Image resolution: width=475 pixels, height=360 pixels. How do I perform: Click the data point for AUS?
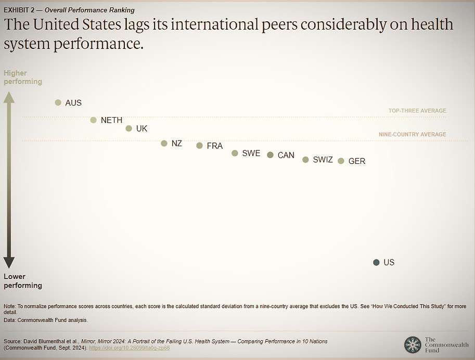click(58, 102)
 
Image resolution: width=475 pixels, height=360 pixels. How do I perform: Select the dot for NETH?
click(94, 120)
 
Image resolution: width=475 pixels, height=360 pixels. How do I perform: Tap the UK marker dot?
click(129, 128)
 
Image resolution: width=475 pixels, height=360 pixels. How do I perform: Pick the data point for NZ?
click(164, 143)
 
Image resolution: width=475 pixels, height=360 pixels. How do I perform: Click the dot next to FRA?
click(200, 146)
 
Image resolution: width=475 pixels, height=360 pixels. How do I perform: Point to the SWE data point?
click(235, 153)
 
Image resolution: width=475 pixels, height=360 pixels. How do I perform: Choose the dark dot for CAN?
click(271, 155)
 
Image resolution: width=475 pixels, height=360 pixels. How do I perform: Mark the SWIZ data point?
click(306, 160)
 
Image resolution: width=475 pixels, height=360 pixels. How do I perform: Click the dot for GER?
click(341, 161)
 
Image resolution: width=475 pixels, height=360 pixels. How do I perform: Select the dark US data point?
click(377, 263)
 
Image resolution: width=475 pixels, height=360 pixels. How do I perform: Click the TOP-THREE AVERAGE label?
click(417, 111)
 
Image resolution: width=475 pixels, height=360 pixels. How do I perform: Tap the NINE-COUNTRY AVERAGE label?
click(413, 134)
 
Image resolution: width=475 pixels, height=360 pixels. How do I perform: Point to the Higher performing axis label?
click(23, 77)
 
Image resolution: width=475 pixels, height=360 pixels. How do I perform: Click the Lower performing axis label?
click(23, 281)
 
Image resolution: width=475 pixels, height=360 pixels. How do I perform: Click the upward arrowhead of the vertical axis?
click(9, 97)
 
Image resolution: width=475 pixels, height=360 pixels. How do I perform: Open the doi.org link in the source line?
click(130, 348)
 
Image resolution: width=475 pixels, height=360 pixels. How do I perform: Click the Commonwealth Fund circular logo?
click(413, 344)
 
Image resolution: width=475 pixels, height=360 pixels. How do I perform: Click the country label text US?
click(389, 263)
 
